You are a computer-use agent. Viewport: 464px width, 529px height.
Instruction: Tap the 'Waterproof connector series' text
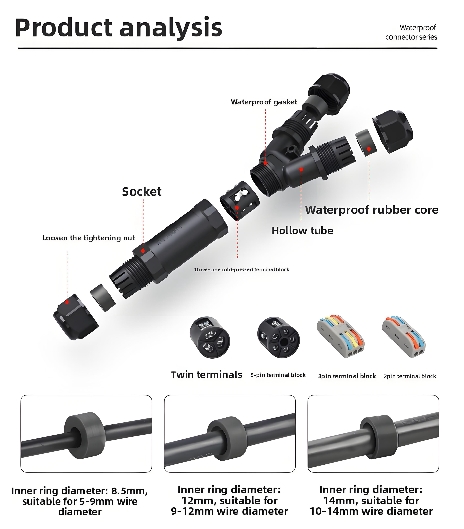[411, 32]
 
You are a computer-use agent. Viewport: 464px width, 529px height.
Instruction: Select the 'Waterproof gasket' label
[264, 102]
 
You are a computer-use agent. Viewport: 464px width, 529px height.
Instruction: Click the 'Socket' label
[142, 192]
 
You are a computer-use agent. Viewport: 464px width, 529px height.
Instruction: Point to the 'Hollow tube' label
[302, 231]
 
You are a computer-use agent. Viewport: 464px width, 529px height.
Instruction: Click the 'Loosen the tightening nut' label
[89, 238]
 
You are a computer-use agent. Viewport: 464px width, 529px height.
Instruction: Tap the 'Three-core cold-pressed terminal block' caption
[242, 270]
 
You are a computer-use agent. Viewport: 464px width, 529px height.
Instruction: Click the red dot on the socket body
[143, 251]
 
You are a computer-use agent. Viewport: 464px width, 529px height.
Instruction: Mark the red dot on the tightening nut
[67, 302]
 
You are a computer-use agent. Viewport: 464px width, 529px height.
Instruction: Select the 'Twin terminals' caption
[206, 375]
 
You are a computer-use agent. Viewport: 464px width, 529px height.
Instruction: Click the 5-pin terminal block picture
[278, 338]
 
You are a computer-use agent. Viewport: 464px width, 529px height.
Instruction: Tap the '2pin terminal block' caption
[410, 376]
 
